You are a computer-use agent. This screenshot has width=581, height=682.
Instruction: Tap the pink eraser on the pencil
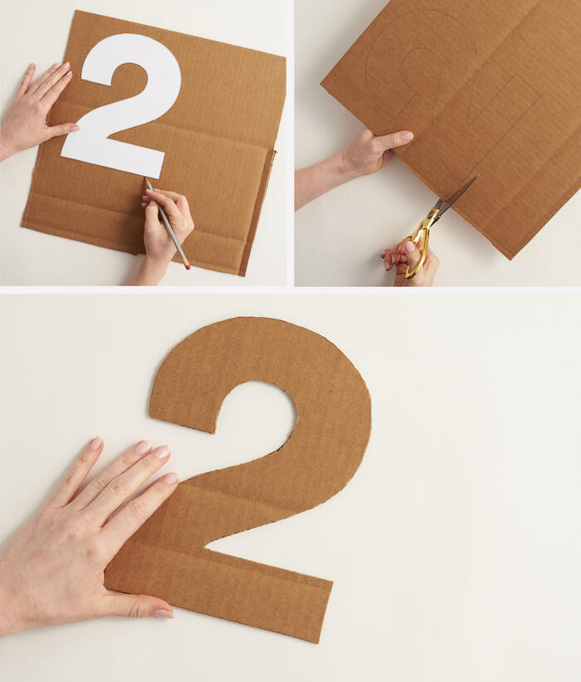pyautogui.click(x=188, y=267)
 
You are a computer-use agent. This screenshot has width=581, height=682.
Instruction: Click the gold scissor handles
pyautogui.click(x=417, y=245)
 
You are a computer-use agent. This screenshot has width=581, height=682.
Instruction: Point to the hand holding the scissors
pyautogui.click(x=412, y=263)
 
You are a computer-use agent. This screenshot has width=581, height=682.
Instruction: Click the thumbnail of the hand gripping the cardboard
pyautogui.click(x=406, y=136)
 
